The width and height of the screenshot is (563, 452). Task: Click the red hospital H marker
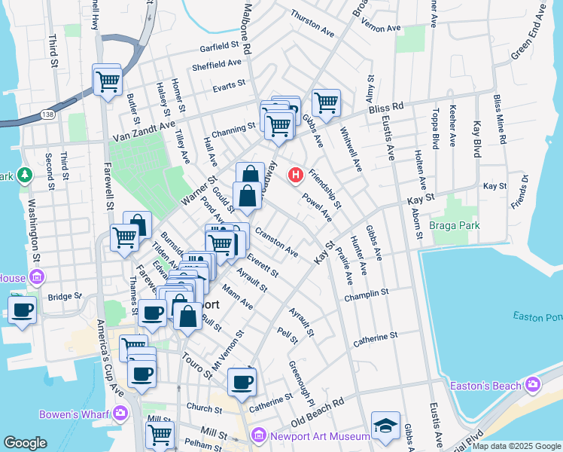pyautogui.click(x=297, y=176)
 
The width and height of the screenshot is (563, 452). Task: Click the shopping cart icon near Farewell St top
pyautogui.click(x=108, y=79)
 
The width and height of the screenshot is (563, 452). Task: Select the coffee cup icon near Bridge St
pyautogui.click(x=23, y=309)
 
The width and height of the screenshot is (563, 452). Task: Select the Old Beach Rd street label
pyautogui.click(x=317, y=411)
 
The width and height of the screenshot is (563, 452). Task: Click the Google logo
pyautogui.click(x=25, y=443)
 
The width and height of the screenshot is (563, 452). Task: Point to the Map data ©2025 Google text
pyautogui.click(x=516, y=447)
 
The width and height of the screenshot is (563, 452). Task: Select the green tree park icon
pyautogui.click(x=24, y=175)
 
